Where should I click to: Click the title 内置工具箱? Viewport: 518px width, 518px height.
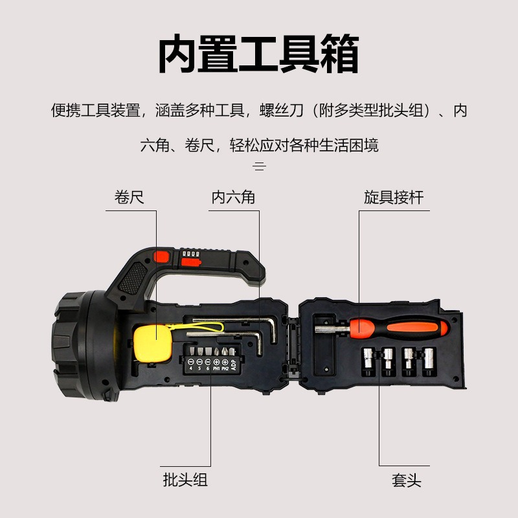tap(259, 55)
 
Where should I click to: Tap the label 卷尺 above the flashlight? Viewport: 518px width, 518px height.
tap(129, 197)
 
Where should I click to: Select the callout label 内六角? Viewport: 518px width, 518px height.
tap(233, 197)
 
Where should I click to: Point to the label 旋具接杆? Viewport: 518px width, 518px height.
tap(394, 197)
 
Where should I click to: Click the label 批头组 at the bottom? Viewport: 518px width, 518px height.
tap(185, 480)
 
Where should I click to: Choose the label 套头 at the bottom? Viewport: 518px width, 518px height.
tap(407, 480)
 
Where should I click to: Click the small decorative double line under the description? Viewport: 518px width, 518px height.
tap(259, 167)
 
